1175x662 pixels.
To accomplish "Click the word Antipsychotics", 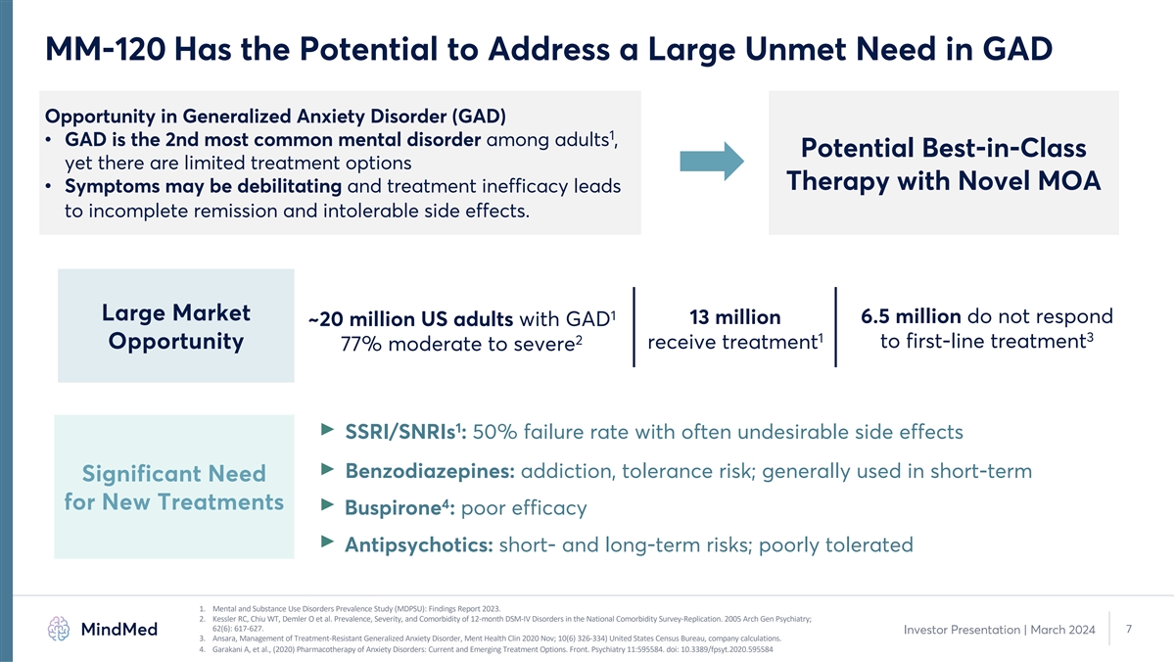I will tap(418, 544).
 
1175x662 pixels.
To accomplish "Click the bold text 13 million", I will tap(734, 317).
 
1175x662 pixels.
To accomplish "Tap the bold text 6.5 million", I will tap(910, 316).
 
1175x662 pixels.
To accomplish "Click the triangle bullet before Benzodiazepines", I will tap(327, 468).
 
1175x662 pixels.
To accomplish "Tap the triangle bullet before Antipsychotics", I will tap(327, 542).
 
